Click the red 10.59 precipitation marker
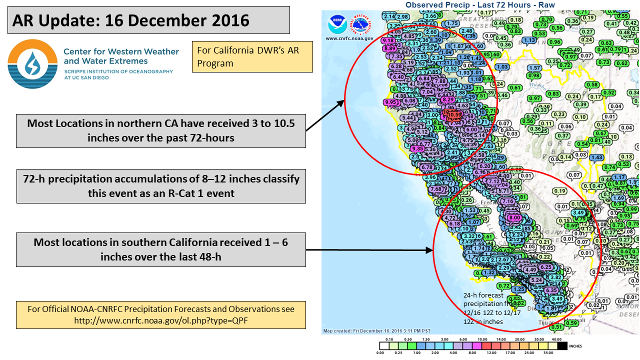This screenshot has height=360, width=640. click(x=454, y=114)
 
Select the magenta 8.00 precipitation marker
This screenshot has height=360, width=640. click(x=513, y=217)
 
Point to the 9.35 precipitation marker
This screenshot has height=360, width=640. click(x=418, y=148)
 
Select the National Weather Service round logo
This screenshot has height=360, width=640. click(x=362, y=24)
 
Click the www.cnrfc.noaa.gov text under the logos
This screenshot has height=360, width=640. click(x=349, y=38)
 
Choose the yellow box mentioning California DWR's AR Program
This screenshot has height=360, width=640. click(x=252, y=56)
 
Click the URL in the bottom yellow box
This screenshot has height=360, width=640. click(x=160, y=320)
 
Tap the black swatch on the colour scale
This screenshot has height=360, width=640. click(x=562, y=345)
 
